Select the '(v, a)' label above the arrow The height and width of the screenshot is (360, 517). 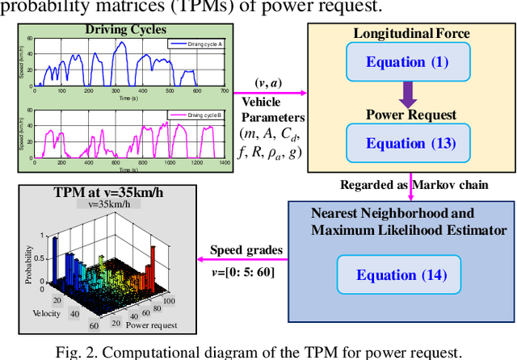[x=267, y=83]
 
